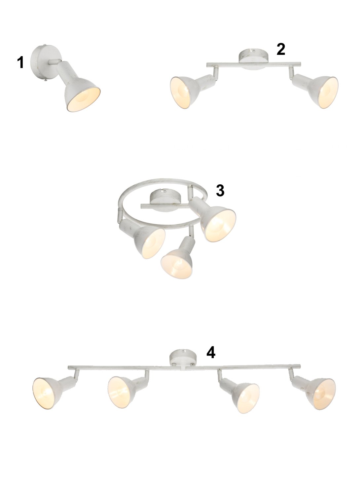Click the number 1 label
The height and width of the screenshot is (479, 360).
click(x=20, y=63)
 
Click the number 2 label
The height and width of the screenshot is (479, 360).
click(x=281, y=49)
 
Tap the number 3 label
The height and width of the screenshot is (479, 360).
click(x=220, y=190)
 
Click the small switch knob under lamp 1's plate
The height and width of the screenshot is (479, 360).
click(x=46, y=80)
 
